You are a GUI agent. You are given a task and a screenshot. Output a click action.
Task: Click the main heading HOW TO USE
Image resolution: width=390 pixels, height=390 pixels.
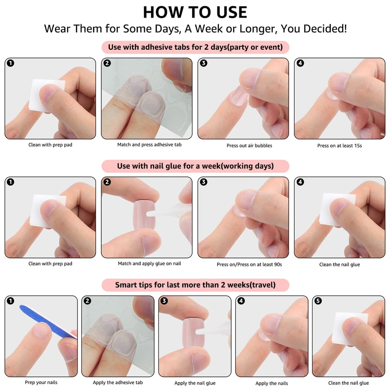195,12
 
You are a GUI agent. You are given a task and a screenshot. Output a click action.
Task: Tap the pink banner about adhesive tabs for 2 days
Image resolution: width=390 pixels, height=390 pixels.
195,47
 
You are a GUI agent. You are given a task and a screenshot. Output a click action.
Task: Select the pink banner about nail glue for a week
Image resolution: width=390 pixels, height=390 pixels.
195,166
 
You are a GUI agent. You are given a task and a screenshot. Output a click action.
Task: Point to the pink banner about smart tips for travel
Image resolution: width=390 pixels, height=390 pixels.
195,285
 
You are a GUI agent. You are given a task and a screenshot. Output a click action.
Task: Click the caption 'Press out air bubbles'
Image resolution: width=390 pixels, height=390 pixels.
249,145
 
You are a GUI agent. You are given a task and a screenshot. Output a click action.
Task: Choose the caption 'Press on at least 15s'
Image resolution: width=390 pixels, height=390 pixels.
339,145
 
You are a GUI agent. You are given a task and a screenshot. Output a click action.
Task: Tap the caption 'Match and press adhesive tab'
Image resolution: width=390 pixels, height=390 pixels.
149,144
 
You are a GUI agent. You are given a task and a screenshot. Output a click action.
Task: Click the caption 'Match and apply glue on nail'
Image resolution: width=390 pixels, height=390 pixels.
149,263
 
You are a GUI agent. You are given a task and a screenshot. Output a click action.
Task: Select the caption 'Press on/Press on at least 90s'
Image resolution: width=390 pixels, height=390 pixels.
249,264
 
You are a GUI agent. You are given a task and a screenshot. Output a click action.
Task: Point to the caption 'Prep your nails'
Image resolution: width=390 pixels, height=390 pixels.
41,382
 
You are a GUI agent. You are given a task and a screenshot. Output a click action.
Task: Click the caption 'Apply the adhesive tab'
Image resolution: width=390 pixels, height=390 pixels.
117,382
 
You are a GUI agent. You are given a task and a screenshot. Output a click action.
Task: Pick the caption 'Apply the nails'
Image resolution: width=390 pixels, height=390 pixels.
272,383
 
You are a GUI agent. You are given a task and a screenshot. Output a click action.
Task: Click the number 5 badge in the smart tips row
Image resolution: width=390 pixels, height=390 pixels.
318,301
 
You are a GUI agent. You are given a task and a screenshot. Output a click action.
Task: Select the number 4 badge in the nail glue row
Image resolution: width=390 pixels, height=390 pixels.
300,182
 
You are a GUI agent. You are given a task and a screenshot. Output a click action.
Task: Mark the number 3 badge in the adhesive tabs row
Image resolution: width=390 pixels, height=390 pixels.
203,63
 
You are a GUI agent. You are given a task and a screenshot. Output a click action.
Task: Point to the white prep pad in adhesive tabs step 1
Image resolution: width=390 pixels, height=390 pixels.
46,96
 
